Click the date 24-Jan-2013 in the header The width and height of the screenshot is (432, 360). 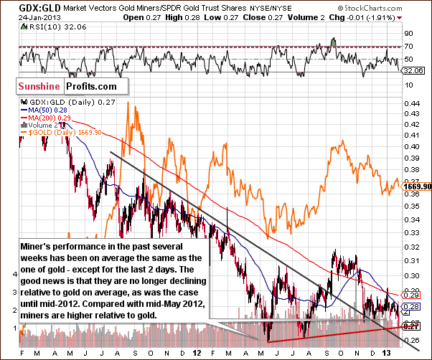pyautogui.click(x=22, y=17)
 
